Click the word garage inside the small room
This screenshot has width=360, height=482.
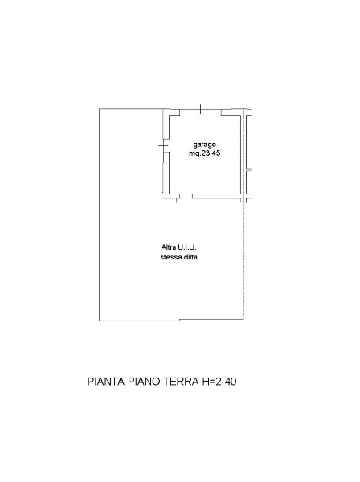tap(204, 145)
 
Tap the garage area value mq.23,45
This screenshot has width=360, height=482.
tap(204, 153)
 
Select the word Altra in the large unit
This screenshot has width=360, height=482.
tap(169, 247)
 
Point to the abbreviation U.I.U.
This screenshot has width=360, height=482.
tap(187, 247)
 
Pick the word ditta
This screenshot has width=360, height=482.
tap(190, 257)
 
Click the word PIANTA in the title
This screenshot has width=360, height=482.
tap(106, 382)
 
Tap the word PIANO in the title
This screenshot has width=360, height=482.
tap(144, 382)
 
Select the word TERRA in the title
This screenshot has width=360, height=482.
tap(181, 382)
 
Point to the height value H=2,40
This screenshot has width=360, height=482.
tap(219, 382)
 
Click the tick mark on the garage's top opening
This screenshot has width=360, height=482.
tap(200, 109)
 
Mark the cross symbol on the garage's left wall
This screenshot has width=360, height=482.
tap(163, 145)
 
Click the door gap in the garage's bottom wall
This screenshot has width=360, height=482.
tap(186, 196)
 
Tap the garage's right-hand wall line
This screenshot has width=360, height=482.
tap(240, 154)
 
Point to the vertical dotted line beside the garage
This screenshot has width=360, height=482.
tap(244, 214)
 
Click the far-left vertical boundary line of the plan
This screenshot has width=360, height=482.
tap(99, 214)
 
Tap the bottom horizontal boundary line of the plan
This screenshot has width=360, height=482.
tap(171, 321)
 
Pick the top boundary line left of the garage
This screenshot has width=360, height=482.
tap(131, 109)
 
